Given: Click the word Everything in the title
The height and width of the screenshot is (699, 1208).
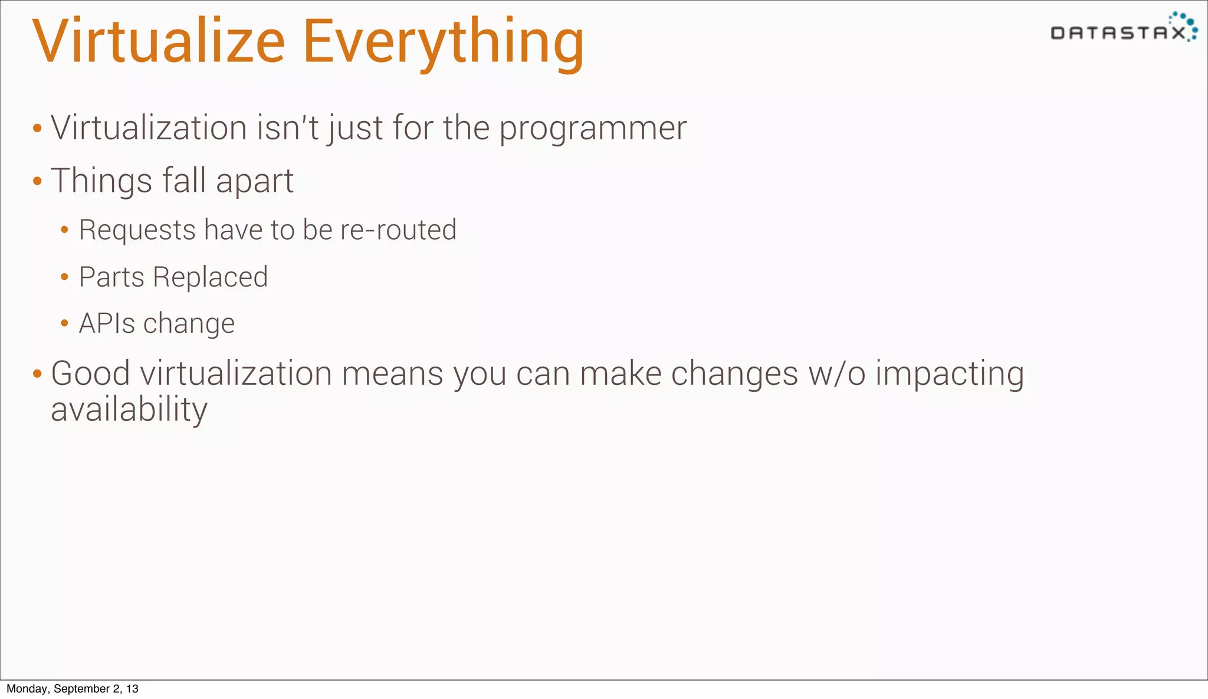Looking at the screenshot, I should point(443,43).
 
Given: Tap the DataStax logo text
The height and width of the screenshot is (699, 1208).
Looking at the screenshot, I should point(1118,33).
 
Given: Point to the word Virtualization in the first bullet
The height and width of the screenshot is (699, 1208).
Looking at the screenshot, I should point(149,128).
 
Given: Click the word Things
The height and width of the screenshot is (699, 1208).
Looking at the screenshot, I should point(101,181).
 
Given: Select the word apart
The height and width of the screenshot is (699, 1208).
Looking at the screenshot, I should point(254,181).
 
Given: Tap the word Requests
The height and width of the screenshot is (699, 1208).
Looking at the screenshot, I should point(137,230).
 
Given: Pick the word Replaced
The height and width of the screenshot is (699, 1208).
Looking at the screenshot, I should point(210,277).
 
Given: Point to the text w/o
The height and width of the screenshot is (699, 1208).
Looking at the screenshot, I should point(836,374).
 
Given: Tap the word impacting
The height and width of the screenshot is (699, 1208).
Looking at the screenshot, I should point(949,374).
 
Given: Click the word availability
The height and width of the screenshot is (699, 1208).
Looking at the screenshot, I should point(129,410).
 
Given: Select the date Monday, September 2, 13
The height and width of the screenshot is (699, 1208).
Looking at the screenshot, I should point(72,689).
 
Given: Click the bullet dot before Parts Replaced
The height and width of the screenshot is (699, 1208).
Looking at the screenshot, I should point(64,276).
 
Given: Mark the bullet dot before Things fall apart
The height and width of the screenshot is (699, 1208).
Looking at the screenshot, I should point(37,181).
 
